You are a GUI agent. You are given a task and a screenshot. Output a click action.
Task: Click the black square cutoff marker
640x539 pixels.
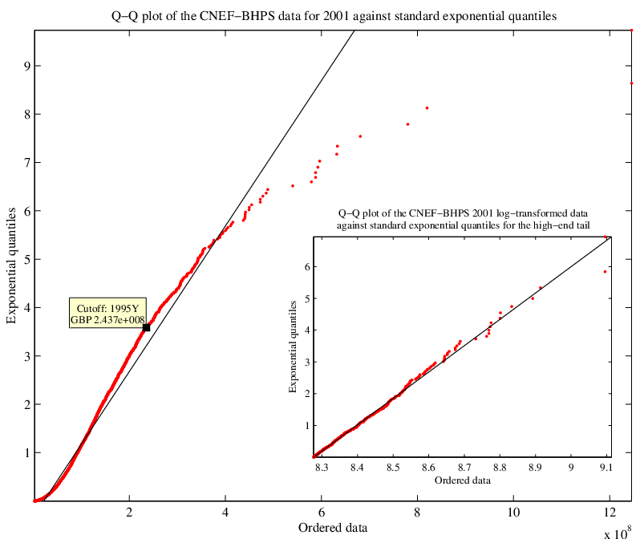(x=146, y=327)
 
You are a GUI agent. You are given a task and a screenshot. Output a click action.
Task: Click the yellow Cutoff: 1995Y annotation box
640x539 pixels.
(x=107, y=313)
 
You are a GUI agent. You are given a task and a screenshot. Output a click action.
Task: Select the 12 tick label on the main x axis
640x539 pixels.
(x=610, y=512)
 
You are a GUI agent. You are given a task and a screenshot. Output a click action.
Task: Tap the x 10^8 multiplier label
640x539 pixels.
(x=618, y=532)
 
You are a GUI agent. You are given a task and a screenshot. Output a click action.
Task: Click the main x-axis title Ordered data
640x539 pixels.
(x=333, y=528)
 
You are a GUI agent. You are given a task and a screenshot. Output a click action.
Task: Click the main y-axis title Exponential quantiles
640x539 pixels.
(x=11, y=265)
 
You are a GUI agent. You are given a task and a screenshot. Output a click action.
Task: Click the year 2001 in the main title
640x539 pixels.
(x=336, y=16)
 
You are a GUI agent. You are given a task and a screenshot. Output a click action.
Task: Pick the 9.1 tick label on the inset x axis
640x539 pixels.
(x=606, y=467)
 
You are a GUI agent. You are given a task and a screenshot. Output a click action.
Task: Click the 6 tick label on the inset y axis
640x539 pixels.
(x=307, y=266)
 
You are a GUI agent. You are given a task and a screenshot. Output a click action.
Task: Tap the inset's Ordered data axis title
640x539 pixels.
(x=463, y=480)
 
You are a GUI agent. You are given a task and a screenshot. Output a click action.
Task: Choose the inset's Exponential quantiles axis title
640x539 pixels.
(x=293, y=346)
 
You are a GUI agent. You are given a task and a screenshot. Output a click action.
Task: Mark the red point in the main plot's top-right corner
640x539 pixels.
(x=631, y=30)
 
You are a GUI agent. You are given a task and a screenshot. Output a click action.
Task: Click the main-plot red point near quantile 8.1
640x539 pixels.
(x=427, y=107)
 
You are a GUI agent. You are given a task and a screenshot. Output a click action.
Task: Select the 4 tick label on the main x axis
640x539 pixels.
(x=225, y=512)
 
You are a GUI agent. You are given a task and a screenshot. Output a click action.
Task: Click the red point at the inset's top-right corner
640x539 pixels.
(x=606, y=237)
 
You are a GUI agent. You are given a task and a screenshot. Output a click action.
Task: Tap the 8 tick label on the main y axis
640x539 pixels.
(x=27, y=114)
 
